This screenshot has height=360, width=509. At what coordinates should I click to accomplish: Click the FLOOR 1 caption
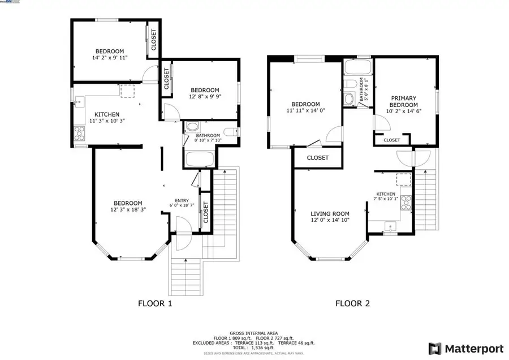pos(155,303)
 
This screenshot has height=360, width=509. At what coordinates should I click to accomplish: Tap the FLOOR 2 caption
pos(352,303)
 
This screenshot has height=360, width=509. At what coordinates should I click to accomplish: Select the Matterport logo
pos(459,348)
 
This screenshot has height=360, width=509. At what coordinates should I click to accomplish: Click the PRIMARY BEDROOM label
pos(404,101)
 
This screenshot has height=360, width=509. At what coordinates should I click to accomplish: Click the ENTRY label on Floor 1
pos(182,200)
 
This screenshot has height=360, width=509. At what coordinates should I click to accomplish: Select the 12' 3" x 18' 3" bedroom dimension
pos(127,210)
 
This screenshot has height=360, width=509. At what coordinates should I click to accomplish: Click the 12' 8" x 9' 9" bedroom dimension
pos(205,96)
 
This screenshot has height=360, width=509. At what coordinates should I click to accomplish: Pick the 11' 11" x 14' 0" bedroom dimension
pos(305,111)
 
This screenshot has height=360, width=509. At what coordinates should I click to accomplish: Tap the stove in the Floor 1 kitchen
pos(79,134)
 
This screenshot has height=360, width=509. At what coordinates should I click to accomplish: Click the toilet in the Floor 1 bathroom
pos(230,132)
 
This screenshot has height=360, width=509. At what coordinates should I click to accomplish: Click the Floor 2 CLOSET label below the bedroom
pos(317,158)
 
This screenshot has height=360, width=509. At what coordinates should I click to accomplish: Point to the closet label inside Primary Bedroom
pos(391,140)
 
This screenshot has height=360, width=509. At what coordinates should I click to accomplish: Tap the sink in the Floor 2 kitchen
pos(390,228)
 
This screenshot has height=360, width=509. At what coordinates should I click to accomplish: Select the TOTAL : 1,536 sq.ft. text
pos(254,347)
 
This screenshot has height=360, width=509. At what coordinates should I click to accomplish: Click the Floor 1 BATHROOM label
pos(207,136)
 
